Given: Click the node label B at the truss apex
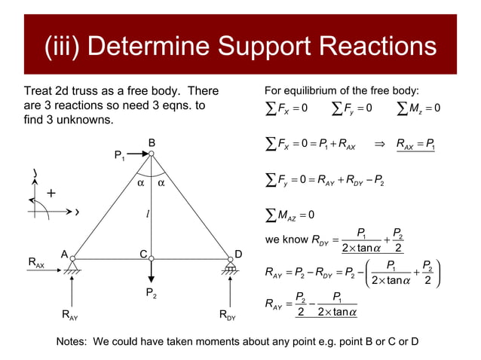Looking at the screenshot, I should (151, 142).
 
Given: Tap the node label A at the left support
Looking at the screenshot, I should (65, 255).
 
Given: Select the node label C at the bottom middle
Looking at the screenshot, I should (142, 255).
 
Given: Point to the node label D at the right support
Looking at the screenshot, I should (239, 255).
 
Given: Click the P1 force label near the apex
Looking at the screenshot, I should (119, 156).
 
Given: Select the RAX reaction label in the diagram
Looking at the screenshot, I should (36, 263).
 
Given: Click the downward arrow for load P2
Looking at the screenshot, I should (152, 270).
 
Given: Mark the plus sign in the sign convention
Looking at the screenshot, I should (51, 194).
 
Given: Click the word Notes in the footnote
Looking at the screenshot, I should (72, 343).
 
